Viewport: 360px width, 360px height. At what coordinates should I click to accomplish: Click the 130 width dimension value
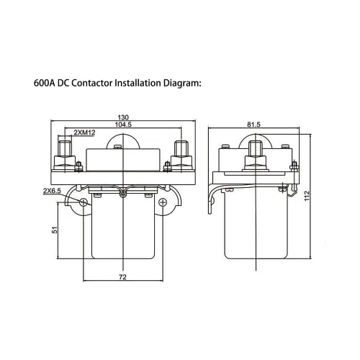[x=123, y=117]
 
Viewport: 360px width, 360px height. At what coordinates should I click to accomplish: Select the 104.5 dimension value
[x=123, y=125]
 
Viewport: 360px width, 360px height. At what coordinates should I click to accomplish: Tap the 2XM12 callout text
[x=84, y=132]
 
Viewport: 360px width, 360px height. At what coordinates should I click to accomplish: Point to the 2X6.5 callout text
[x=52, y=191]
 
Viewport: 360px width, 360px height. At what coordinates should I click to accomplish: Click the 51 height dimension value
[x=55, y=230]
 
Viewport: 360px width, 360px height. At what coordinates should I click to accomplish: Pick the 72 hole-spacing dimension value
[x=122, y=277]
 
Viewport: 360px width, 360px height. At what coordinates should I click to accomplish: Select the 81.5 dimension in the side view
[x=253, y=125]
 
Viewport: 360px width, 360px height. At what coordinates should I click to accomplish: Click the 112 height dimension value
[x=307, y=196]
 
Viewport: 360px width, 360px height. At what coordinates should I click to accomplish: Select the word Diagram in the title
[x=181, y=84]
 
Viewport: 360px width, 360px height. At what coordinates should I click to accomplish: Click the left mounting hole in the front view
[x=84, y=202]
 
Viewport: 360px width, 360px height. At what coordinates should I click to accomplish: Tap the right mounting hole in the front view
[x=163, y=202]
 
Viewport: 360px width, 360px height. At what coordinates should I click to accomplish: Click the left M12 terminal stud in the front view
[x=65, y=148]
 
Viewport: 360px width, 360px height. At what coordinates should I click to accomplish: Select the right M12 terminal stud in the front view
[x=181, y=148]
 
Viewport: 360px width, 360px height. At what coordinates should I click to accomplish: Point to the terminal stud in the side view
[x=256, y=148]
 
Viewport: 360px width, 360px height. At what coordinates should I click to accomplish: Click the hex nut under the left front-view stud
[x=65, y=163]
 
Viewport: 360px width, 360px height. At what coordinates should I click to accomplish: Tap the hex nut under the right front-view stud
[x=181, y=163]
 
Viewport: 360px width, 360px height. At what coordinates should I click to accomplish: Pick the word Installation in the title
[x=138, y=84]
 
